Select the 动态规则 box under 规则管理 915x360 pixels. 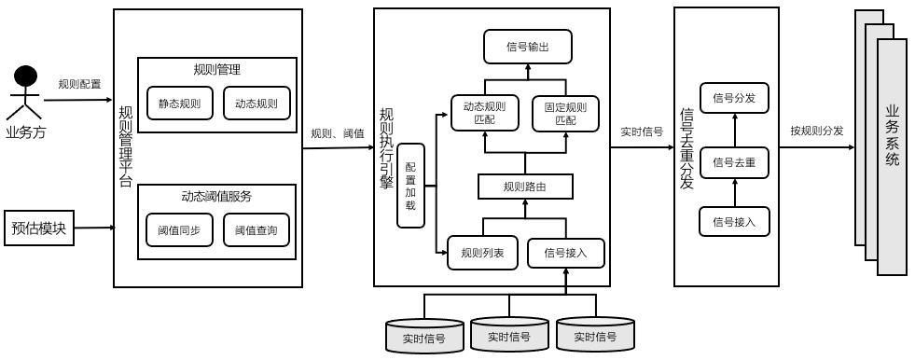256,103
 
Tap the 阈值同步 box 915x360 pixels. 180,230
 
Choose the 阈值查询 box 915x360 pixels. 256,230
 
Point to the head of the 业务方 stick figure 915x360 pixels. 26,75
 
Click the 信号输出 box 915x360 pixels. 527,47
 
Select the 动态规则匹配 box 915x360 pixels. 484,113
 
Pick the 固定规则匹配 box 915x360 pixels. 565,113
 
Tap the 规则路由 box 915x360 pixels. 524,187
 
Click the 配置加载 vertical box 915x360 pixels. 410,186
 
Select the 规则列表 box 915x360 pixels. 482,252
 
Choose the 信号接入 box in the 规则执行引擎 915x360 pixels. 566,252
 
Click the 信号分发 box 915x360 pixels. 734,97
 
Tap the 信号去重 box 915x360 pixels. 734,162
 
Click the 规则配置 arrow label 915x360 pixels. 79,84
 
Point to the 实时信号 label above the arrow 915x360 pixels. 642,132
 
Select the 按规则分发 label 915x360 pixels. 816,131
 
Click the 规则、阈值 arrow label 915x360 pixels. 338,132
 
